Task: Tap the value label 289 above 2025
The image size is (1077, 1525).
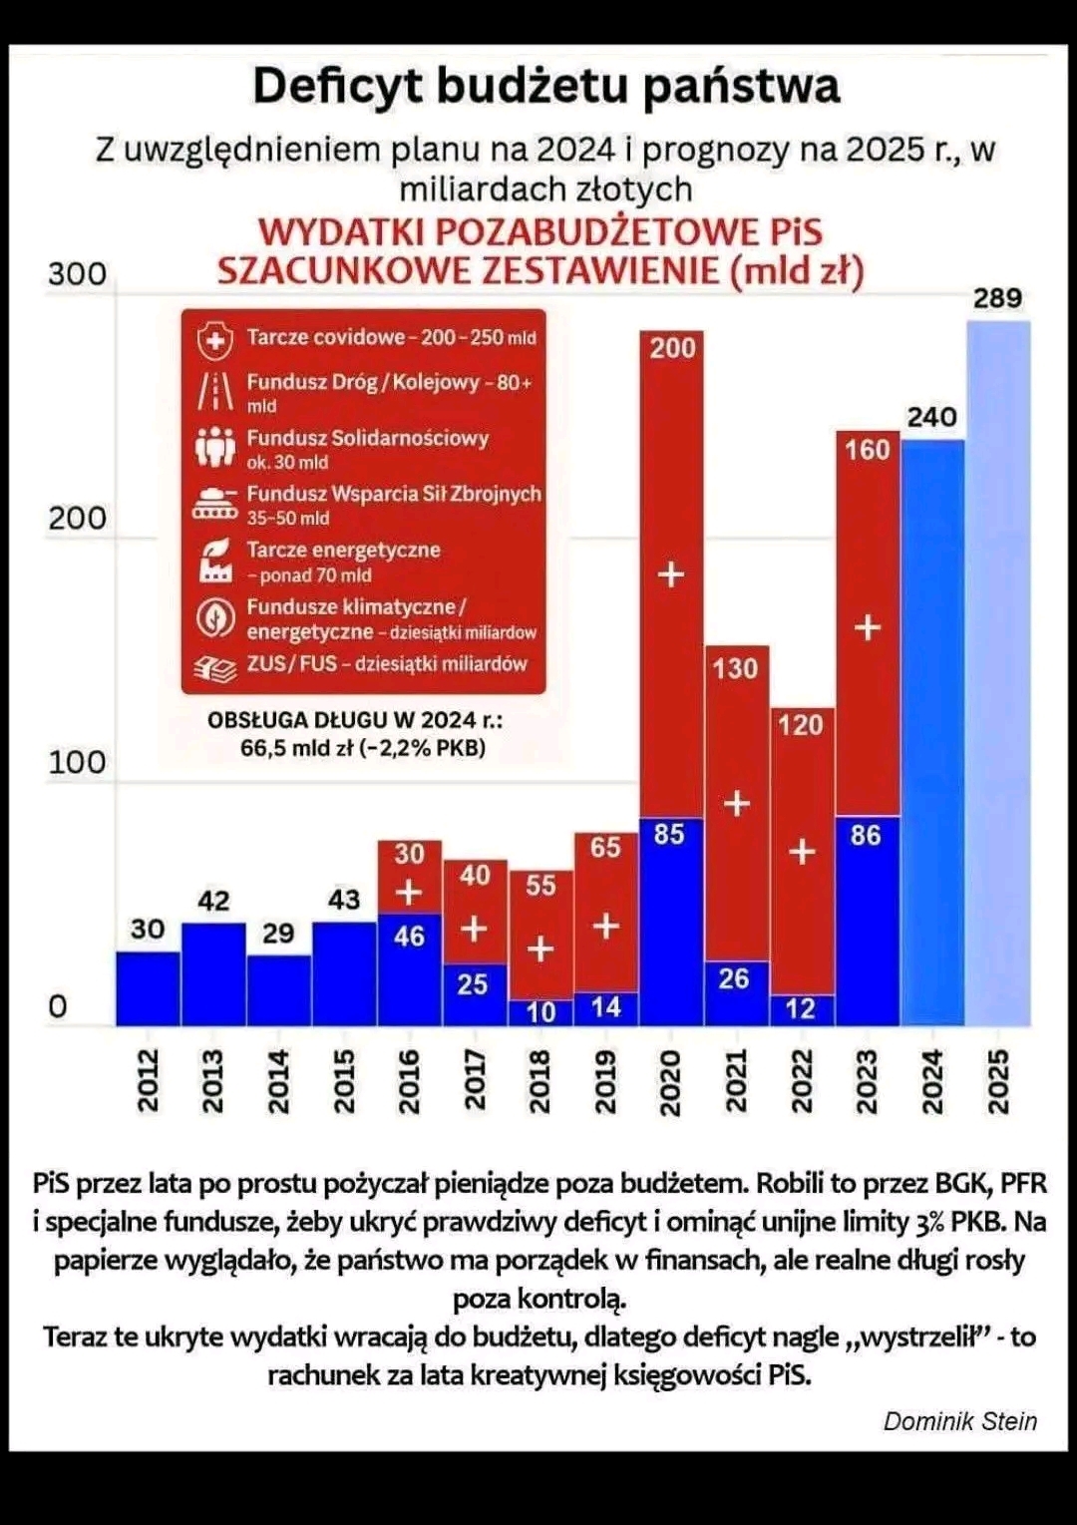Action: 997,298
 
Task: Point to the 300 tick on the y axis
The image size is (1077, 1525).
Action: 77,274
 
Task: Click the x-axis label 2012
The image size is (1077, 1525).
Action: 148,1080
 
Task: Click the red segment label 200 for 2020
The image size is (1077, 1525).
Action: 672,348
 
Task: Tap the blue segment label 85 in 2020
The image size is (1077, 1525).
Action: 669,834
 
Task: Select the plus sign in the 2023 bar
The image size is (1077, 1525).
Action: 868,627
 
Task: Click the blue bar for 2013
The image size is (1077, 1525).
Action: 212,974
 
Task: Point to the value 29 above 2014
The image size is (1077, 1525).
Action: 278,934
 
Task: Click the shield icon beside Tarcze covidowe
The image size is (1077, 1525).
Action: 214,340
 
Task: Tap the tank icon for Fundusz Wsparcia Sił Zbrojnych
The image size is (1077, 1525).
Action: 214,504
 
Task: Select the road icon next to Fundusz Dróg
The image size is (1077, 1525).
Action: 214,391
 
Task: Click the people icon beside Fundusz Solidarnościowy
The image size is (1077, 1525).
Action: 214,448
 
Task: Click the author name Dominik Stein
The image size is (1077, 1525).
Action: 959,1421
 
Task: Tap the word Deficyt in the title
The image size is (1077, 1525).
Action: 338,87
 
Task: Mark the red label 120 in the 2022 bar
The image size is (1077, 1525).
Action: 800,725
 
